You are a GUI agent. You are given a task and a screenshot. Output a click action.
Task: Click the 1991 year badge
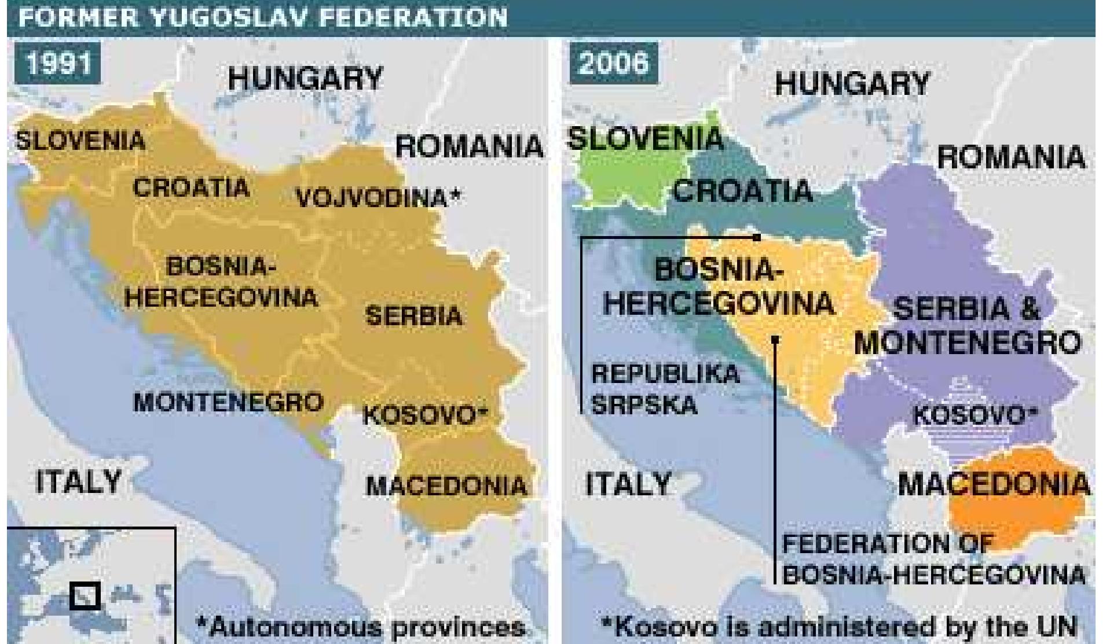pyautogui.click(x=59, y=62)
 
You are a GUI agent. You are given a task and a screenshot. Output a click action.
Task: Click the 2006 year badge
pyautogui.click(x=613, y=62)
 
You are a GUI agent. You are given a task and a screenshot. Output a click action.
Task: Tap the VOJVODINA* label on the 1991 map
pyautogui.click(x=378, y=198)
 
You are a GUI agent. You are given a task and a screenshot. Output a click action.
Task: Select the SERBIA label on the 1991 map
pyautogui.click(x=414, y=316)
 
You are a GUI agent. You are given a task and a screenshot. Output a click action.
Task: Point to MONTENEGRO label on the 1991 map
pyautogui.click(x=228, y=402)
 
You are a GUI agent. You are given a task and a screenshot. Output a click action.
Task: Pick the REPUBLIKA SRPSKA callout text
pyautogui.click(x=665, y=389)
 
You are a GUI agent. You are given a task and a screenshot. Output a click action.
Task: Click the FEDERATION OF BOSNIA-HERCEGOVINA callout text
pyautogui.click(x=933, y=560)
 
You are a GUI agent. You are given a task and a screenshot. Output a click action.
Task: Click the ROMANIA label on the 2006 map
pyautogui.click(x=1010, y=157)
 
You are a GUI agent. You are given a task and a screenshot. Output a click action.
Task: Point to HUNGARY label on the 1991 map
pyautogui.click(x=305, y=78)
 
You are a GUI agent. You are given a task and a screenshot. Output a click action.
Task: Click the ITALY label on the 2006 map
pyautogui.click(x=628, y=483)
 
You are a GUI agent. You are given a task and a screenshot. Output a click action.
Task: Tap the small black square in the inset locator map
pyautogui.click(x=85, y=596)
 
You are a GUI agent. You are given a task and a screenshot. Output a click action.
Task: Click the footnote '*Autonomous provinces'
pyautogui.click(x=361, y=627)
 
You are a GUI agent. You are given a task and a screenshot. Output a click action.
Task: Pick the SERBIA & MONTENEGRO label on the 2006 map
pyautogui.click(x=967, y=326)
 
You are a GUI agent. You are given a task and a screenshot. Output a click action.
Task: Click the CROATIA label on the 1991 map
pyautogui.click(x=191, y=187)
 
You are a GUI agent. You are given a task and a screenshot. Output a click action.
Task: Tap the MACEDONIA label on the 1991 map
pyautogui.click(x=446, y=485)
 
